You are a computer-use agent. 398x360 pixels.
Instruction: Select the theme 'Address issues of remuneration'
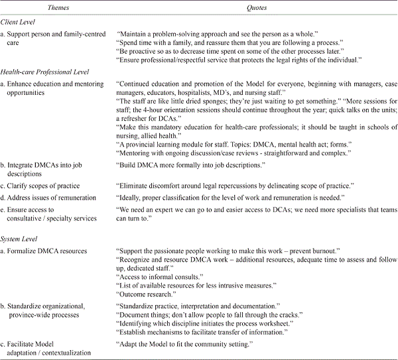point(58,198)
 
